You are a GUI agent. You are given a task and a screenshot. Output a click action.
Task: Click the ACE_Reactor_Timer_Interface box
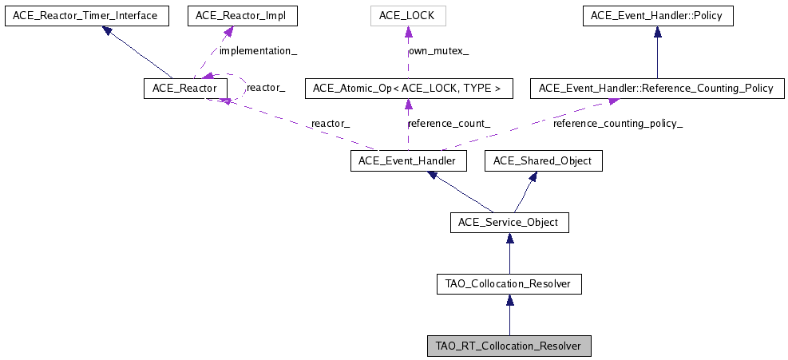point(86,15)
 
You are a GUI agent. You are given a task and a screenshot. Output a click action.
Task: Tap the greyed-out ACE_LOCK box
point(408,15)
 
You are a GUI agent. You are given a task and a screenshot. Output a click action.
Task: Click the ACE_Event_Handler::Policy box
point(657,15)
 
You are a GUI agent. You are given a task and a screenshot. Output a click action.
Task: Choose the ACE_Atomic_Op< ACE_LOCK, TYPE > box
point(408,88)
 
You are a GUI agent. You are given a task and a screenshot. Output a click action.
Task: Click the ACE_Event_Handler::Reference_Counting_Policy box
point(657,88)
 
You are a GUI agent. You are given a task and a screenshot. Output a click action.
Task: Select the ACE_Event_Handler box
point(408,161)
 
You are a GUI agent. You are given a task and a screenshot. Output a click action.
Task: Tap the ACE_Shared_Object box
point(543,161)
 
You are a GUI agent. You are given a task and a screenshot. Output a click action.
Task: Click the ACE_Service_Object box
point(509,222)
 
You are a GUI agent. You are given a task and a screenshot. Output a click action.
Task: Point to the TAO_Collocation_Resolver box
point(509,283)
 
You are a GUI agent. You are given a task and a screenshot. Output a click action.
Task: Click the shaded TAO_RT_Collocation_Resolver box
point(509,346)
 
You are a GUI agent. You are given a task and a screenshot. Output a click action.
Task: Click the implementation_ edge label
point(257,51)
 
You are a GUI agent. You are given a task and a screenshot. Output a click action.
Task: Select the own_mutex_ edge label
point(438,51)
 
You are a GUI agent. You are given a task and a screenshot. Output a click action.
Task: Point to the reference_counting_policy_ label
point(618,124)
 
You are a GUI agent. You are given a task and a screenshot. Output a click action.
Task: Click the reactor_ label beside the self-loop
point(266,88)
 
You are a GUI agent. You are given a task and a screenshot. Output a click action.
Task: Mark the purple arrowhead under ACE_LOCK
point(408,33)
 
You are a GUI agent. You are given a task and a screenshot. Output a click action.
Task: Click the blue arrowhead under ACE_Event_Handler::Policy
point(657,33)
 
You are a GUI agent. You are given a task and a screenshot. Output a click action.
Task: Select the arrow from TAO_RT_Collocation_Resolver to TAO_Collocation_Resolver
point(509,315)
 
